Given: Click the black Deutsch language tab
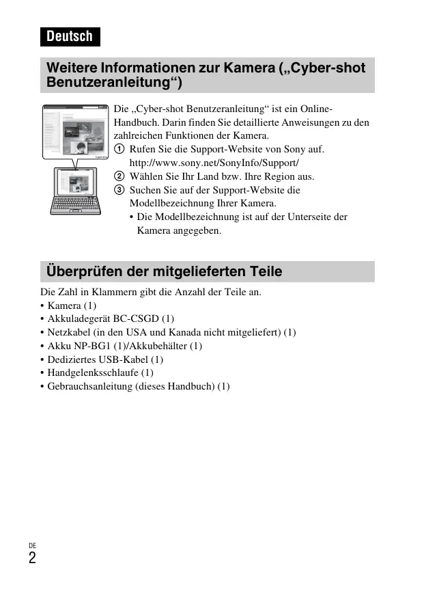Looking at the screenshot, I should tap(70, 36).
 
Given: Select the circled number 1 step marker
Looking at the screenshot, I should tap(119, 149).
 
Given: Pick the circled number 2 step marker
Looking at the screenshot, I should tap(119, 176).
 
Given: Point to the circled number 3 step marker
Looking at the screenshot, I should tap(119, 190).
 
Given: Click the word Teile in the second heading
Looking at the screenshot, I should tap(264, 271).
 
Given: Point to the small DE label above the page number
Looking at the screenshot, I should tap(32, 545).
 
